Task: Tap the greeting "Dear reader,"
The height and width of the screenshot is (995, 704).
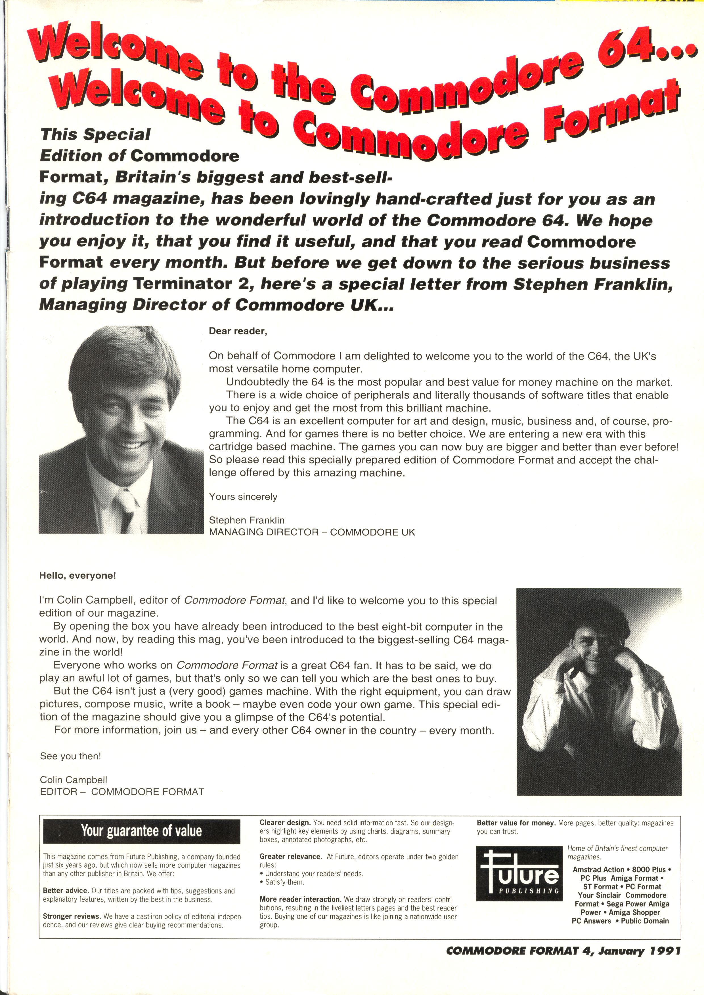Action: click(x=238, y=331)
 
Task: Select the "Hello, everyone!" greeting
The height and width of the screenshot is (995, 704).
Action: click(x=78, y=576)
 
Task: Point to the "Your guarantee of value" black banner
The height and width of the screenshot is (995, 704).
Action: click(x=141, y=831)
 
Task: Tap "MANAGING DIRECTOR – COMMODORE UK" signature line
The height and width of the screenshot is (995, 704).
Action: click(x=312, y=532)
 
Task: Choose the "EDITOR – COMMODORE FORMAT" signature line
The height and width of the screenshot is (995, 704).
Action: click(x=122, y=792)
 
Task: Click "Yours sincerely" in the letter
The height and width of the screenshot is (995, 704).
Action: click(x=243, y=497)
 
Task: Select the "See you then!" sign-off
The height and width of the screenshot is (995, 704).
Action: click(x=70, y=756)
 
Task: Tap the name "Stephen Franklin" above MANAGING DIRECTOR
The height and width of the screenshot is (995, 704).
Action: click(x=246, y=520)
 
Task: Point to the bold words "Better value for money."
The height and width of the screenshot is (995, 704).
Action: click(x=516, y=823)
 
